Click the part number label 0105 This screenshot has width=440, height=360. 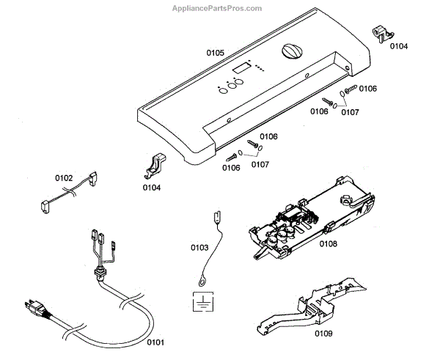click(215, 54)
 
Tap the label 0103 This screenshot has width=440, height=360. click(199, 248)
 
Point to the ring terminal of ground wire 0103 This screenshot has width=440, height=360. click(201, 279)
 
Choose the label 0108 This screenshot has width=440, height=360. click(328, 243)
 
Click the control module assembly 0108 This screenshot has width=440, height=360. click(308, 217)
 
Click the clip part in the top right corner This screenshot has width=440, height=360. click(381, 32)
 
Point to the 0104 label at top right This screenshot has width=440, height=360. click(399, 46)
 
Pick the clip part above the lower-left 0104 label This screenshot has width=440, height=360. click(156, 166)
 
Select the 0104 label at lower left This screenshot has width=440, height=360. click(153, 188)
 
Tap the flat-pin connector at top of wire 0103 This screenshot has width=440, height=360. click(216, 217)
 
